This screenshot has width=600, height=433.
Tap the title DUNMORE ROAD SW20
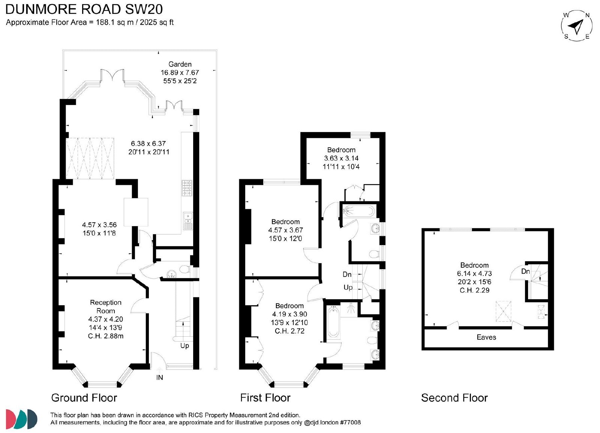pos(84,9)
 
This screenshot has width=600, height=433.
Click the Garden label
pos(180,64)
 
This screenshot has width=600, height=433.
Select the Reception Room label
pos(105,307)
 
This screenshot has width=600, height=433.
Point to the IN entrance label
pos(160,378)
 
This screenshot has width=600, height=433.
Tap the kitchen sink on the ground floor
pos(188,221)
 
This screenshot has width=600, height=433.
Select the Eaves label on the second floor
pos(486,337)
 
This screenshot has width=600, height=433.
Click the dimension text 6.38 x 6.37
pos(148,144)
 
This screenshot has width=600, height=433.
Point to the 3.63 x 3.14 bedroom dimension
pos(341,158)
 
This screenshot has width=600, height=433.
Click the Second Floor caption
pos(454,398)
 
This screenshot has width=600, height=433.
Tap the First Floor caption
pos(265,398)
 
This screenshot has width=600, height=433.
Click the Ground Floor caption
pos(84,398)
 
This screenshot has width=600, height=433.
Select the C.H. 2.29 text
pos(474,290)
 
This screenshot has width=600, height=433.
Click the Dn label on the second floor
pos(525,271)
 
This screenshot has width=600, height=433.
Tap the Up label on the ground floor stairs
pos(184,346)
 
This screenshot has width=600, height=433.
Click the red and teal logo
pos(21,419)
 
